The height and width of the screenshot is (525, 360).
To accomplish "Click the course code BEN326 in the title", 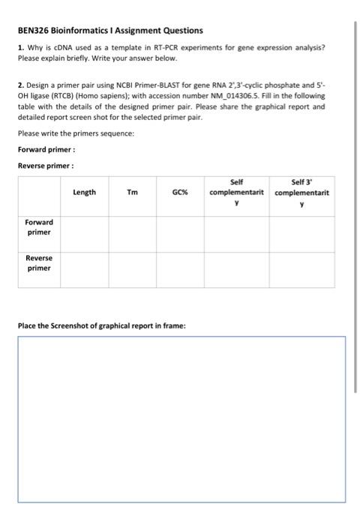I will [x=35, y=31].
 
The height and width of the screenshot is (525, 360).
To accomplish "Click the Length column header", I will [x=85, y=192].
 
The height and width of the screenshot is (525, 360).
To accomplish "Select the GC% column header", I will [x=180, y=192].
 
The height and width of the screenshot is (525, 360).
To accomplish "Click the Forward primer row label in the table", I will [x=39, y=227].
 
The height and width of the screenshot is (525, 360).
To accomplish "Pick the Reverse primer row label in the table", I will [x=39, y=262].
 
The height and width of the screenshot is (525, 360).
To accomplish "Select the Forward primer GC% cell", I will [x=180, y=232].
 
